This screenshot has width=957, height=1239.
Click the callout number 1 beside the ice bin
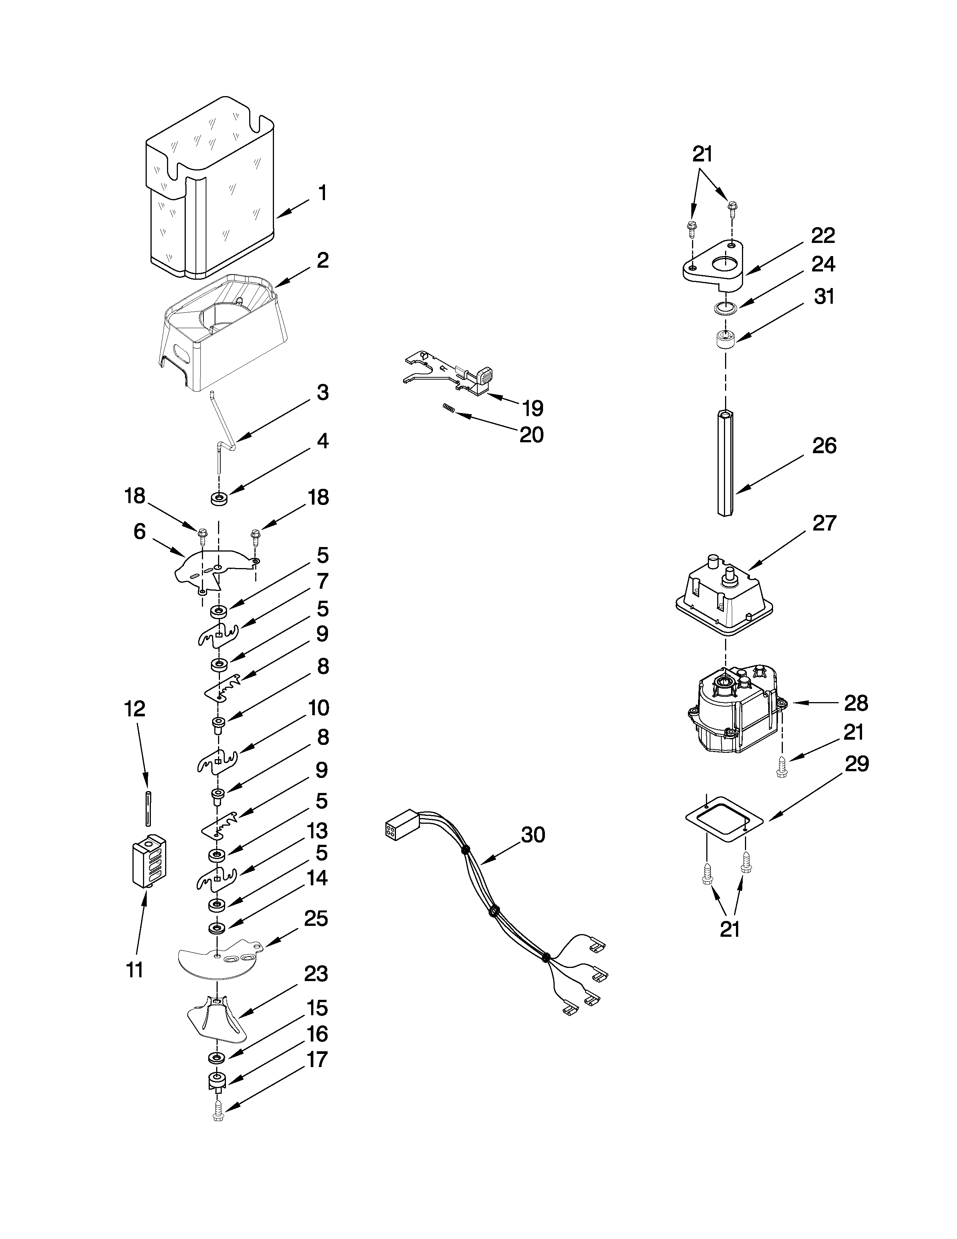[x=322, y=194]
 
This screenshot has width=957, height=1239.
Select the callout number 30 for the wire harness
[x=533, y=835]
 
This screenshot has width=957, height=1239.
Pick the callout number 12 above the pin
[x=135, y=709]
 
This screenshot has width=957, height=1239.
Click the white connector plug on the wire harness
[x=400, y=830]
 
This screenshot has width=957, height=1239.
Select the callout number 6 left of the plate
[x=140, y=532]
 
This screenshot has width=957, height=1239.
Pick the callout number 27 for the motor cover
[x=824, y=523]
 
